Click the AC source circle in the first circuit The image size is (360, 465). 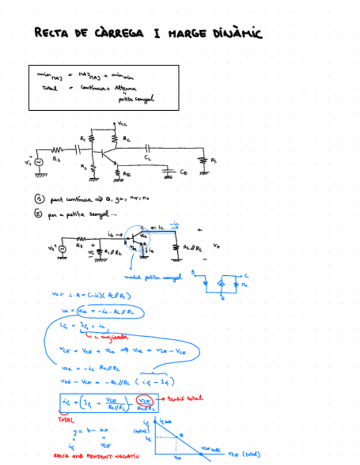pos(39,162)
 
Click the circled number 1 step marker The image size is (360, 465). pos(38,200)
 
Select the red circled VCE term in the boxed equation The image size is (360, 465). pos(144,400)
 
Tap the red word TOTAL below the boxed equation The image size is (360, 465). pos(66,419)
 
